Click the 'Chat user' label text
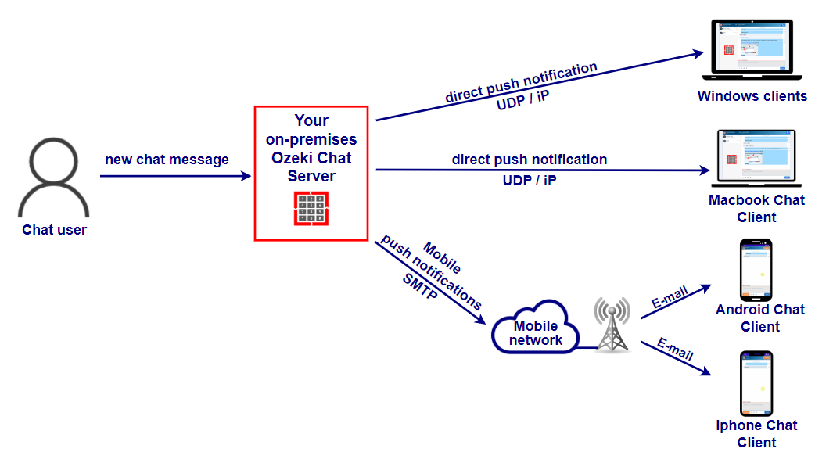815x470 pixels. point(55,230)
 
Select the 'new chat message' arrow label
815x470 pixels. point(167,160)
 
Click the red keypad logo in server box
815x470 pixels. point(311,207)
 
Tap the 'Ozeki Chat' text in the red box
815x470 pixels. point(311,158)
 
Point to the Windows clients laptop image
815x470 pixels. point(752,50)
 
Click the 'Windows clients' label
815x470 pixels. point(752,96)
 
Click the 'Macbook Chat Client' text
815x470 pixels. point(756,208)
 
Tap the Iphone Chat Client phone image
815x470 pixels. point(756,384)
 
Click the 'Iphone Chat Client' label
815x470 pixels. point(756,433)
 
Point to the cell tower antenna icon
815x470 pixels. point(611,324)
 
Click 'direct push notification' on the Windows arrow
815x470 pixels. point(521,83)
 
